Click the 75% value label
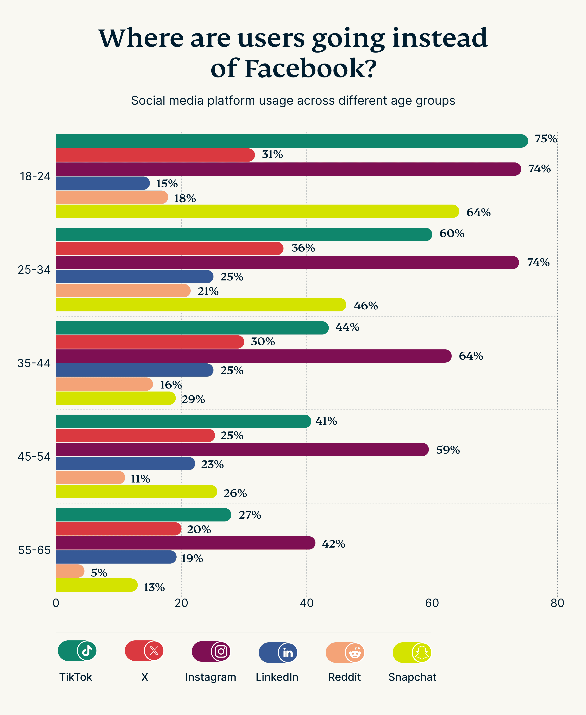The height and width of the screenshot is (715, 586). point(545,139)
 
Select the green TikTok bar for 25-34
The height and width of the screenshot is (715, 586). point(243,234)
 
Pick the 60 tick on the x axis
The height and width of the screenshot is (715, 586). point(432,603)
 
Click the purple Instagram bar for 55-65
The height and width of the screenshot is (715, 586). point(185,543)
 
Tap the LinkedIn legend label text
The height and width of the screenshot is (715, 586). point(277,677)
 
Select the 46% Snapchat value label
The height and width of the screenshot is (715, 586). point(365,306)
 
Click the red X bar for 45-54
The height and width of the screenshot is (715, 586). point(135,436)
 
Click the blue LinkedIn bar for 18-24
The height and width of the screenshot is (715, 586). point(102,183)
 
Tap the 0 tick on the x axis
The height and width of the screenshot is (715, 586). point(56,603)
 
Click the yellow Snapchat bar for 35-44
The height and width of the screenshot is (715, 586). point(115,398)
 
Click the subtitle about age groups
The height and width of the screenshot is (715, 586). point(293,101)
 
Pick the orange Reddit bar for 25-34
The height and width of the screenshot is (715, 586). point(123,291)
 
